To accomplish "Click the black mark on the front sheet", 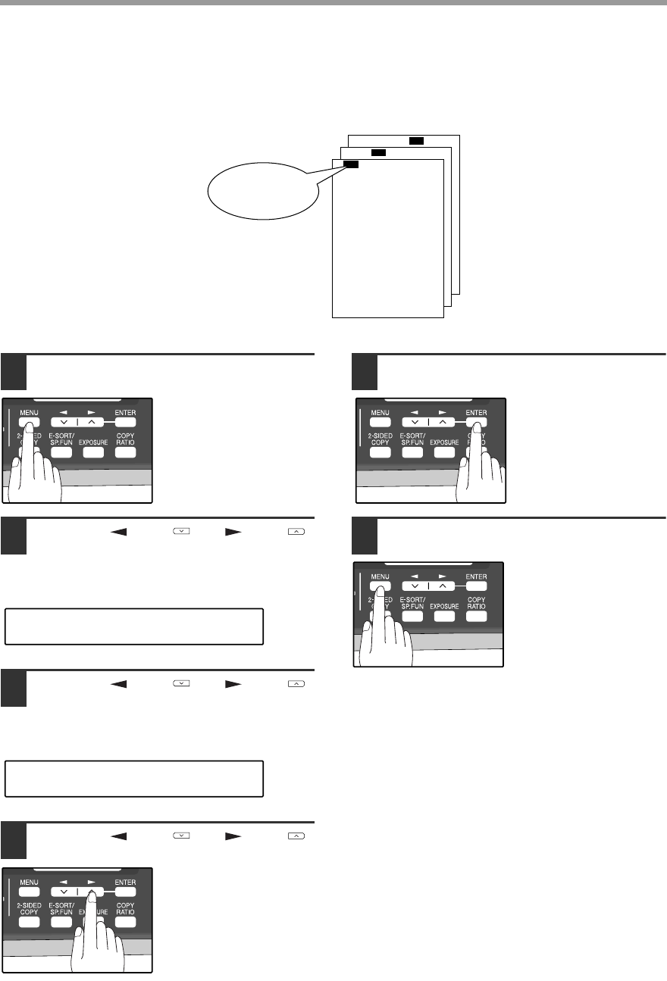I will point(350,164).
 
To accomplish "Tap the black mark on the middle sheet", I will point(379,152).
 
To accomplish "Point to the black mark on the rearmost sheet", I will point(416,140).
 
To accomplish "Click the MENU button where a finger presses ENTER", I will point(380,423).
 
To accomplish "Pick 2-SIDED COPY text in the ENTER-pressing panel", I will point(380,440).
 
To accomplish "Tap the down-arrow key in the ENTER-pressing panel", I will point(415,423).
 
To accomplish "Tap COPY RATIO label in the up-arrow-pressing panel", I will point(125,907).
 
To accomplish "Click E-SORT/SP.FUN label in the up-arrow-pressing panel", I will point(60,907).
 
